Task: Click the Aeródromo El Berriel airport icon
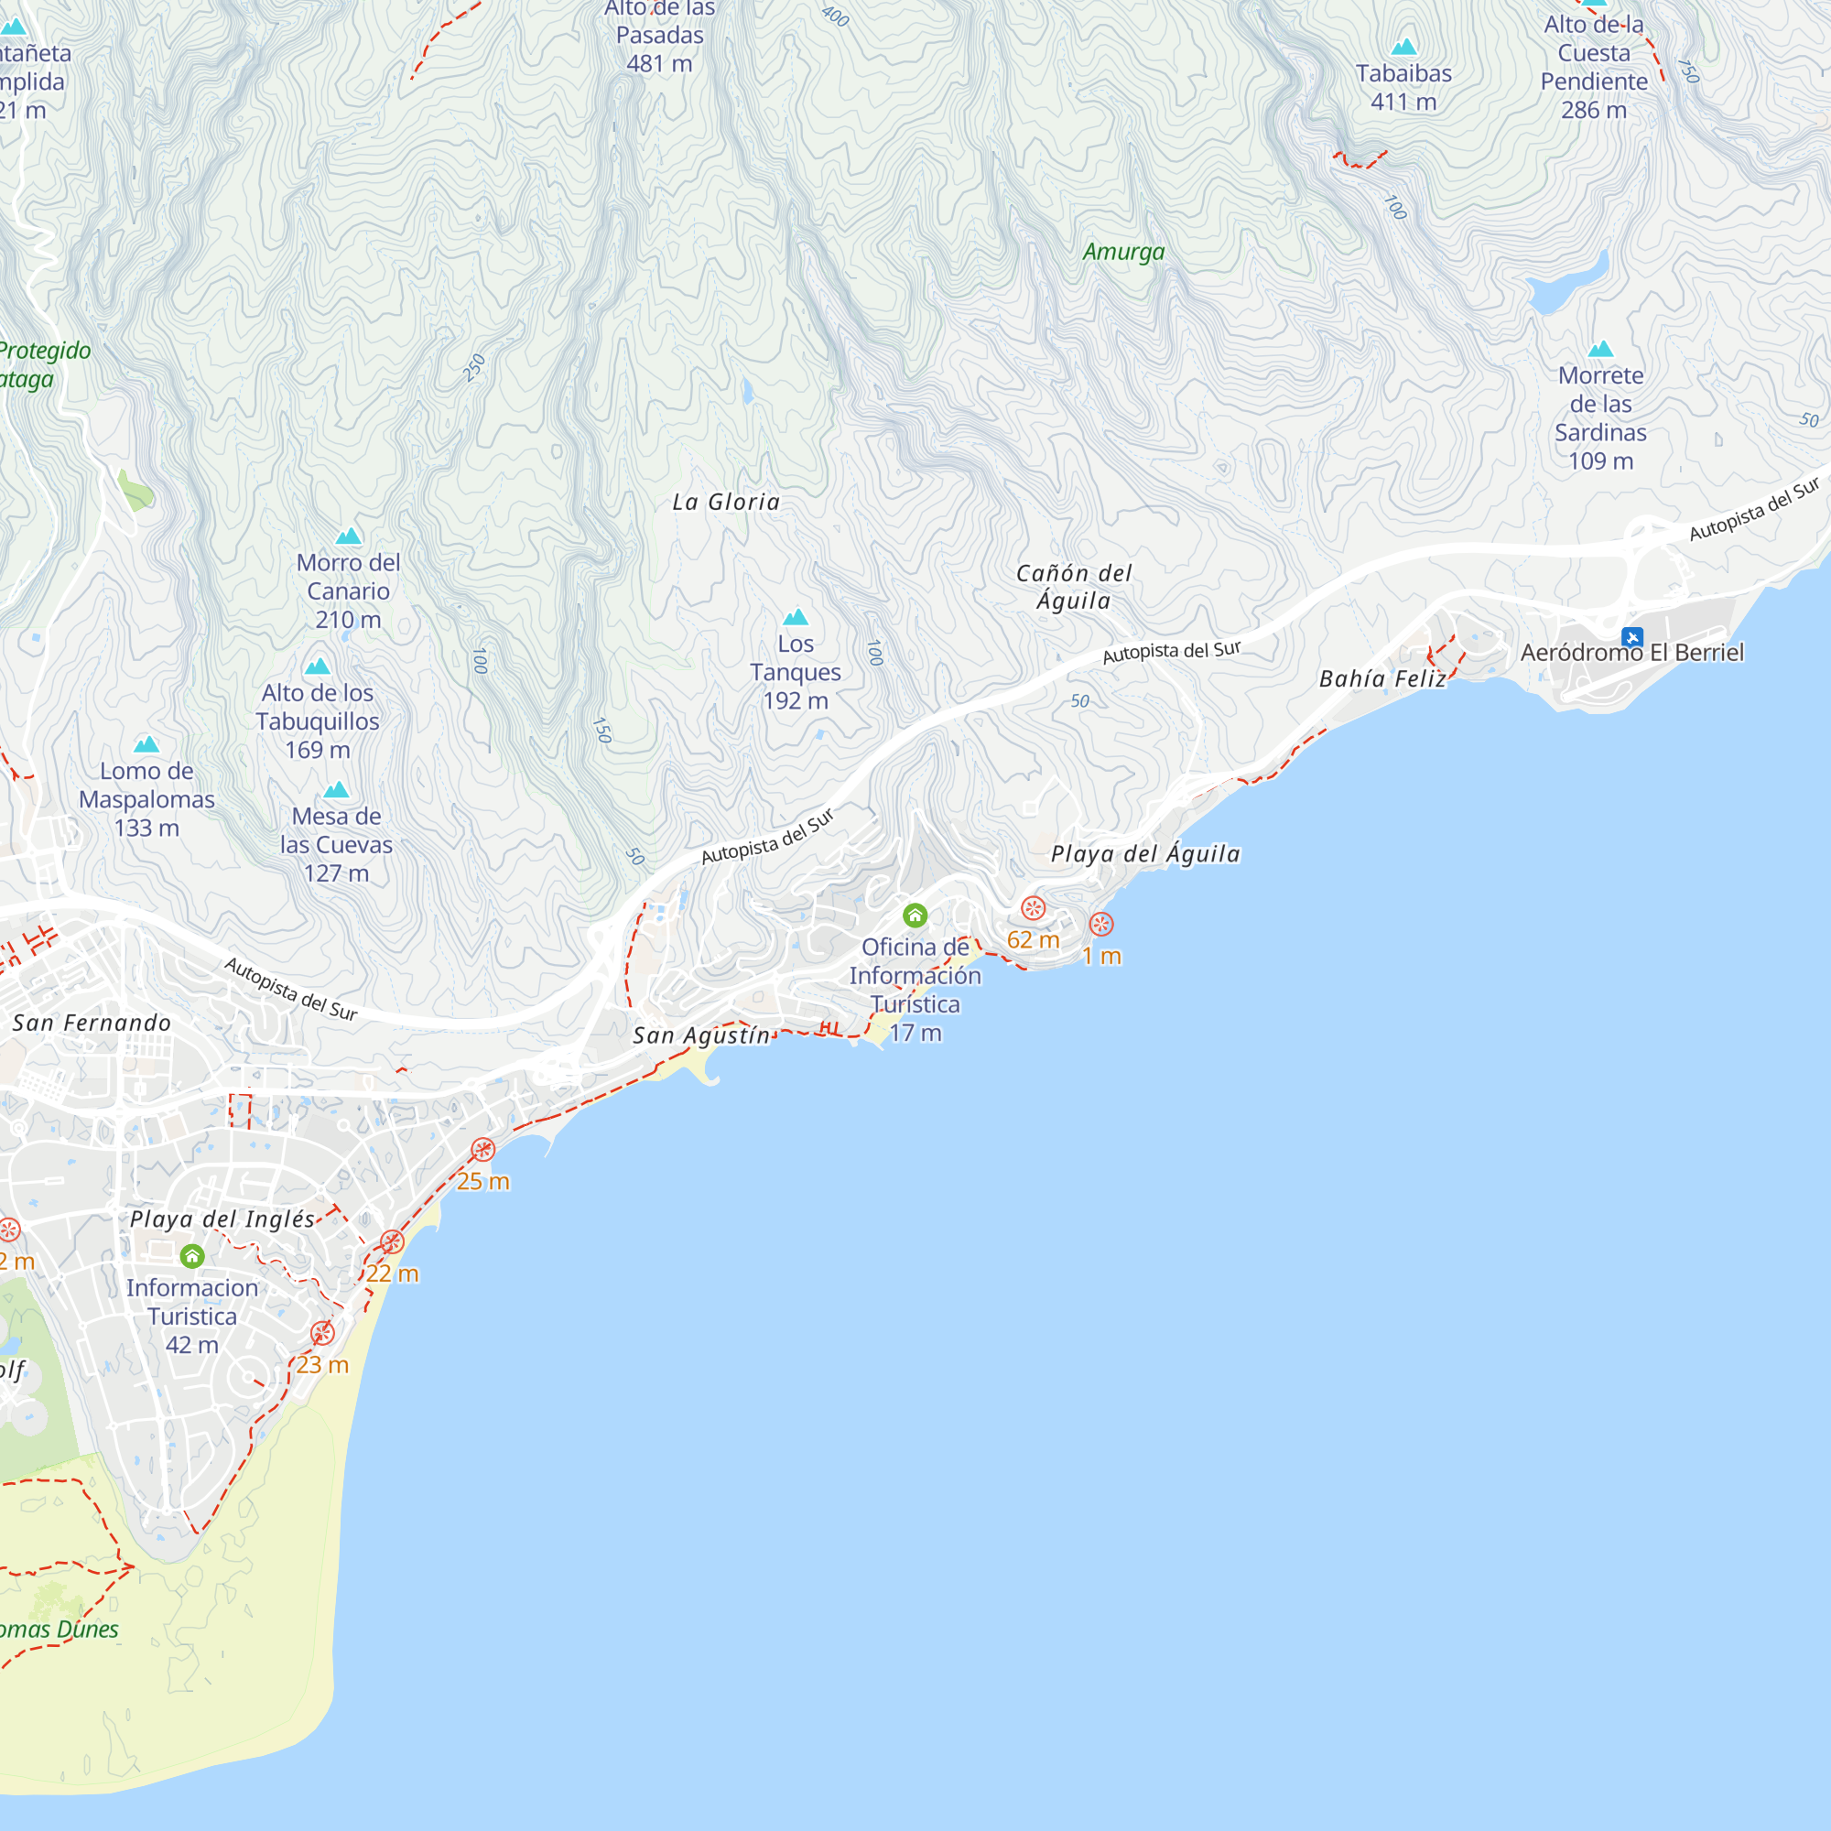click(1631, 637)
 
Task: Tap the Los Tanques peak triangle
click(796, 617)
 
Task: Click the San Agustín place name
click(701, 1035)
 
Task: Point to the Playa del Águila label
click(1145, 854)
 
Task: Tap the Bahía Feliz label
click(1382, 678)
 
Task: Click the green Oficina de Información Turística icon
click(915, 915)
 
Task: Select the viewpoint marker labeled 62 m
click(1033, 908)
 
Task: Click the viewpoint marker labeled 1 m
click(1101, 924)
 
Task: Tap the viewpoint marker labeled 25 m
click(483, 1150)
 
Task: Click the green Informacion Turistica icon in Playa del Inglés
click(192, 1257)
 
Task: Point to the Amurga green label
click(1123, 252)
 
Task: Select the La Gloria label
click(726, 503)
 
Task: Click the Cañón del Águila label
click(1074, 587)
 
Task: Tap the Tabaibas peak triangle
click(1403, 47)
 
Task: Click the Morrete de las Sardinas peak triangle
click(1600, 349)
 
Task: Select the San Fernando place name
click(92, 1023)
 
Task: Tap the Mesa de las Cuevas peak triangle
click(336, 789)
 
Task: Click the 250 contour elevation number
click(474, 368)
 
